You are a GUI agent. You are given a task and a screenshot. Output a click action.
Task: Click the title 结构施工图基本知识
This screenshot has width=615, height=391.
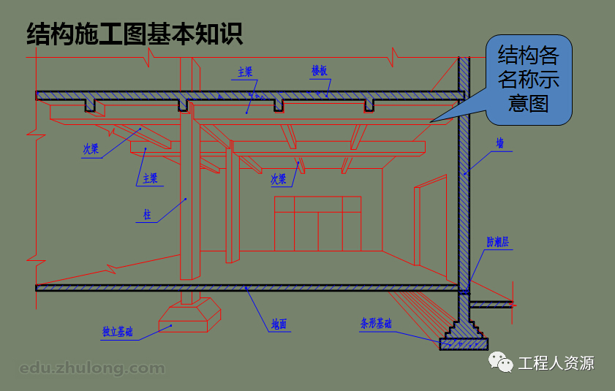135,34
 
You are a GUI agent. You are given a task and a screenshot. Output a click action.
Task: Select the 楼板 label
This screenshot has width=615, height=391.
319,71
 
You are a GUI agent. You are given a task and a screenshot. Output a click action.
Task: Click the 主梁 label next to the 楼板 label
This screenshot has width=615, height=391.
245,72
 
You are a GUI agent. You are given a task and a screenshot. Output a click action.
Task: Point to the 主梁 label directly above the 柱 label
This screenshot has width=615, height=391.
150,178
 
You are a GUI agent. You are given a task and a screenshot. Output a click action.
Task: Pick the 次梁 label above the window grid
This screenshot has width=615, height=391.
279,178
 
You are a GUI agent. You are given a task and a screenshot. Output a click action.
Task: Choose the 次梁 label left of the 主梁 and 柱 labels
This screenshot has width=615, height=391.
91,148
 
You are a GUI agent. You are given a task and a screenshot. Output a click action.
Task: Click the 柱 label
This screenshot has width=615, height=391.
147,215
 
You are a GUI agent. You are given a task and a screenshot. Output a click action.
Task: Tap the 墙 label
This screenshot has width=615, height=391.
499,143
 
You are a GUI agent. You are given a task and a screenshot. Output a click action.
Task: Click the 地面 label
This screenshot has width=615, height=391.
279,324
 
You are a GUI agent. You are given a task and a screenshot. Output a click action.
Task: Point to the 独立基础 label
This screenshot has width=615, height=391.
118,332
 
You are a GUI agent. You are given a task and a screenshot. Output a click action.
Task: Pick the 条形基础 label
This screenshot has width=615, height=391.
376,323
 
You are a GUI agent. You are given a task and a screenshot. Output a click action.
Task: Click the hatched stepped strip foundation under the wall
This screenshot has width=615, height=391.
464,337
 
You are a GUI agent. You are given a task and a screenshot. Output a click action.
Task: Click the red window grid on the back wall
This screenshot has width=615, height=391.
317,223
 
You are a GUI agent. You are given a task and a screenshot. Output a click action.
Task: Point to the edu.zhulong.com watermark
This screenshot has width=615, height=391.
92,368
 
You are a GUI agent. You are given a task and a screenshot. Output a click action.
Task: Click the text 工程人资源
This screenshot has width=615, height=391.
556,363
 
